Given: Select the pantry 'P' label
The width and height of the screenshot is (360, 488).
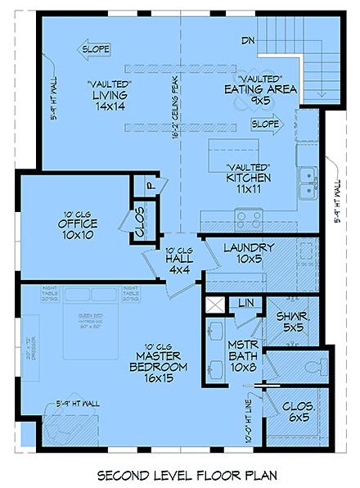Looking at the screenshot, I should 151,186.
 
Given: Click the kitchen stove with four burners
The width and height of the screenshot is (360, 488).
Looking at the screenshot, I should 250,218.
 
